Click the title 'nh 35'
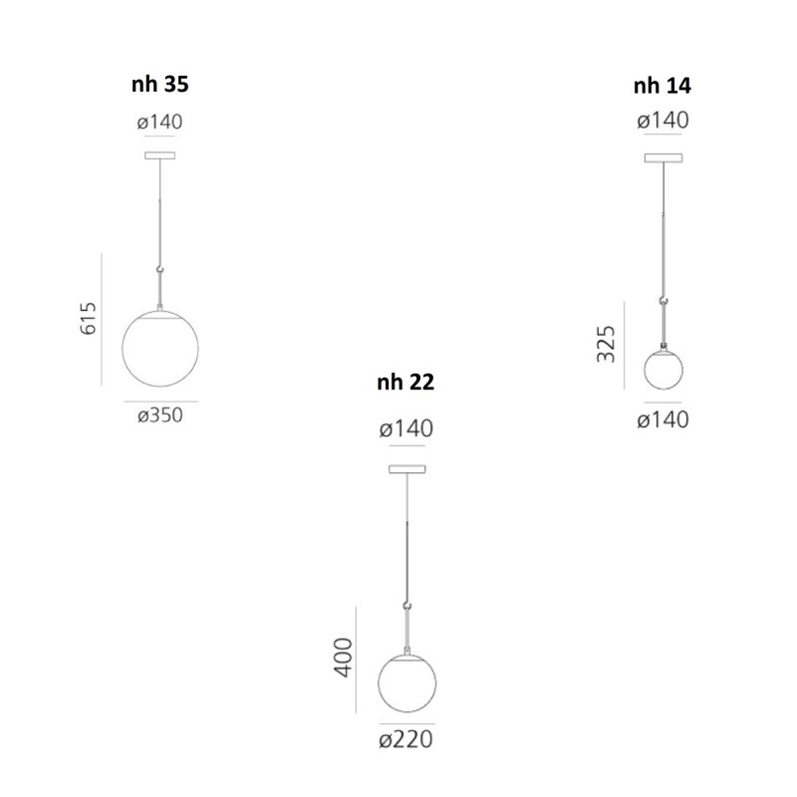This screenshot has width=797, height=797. pyautogui.click(x=159, y=85)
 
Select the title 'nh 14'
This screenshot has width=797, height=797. pyautogui.click(x=663, y=86)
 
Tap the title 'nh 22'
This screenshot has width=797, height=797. pyautogui.click(x=405, y=382)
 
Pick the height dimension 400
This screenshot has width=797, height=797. pyautogui.click(x=342, y=658)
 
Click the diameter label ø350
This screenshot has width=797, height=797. pyautogui.click(x=160, y=415)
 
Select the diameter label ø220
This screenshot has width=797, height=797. pyautogui.click(x=405, y=740)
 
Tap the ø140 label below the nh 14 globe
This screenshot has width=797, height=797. pyautogui.click(x=663, y=420)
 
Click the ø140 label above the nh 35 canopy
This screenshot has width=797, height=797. pyautogui.click(x=160, y=122)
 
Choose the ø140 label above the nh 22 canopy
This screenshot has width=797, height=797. pyautogui.click(x=405, y=429)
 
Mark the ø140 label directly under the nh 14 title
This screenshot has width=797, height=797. pyautogui.click(x=663, y=121)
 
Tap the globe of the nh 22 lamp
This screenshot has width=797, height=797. pyautogui.click(x=406, y=686)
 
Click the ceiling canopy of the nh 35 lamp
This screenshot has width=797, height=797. pyautogui.click(x=159, y=154)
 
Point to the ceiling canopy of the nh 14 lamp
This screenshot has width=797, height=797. pyautogui.click(x=663, y=156)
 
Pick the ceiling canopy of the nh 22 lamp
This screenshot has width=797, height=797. pyautogui.click(x=405, y=468)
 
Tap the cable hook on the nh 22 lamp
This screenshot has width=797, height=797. pyautogui.click(x=406, y=604)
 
